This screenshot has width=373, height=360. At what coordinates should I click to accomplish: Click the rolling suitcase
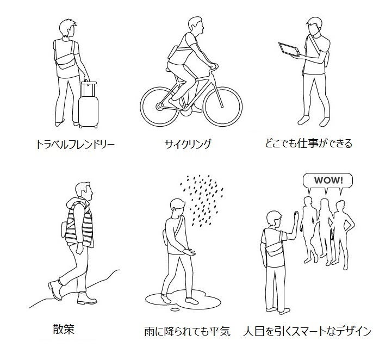coord(88,105)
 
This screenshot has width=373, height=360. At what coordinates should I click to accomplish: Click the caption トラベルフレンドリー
coord(75,144)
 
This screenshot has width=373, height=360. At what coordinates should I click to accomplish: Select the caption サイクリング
coord(188,144)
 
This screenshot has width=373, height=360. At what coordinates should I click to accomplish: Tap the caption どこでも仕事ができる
coord(308,143)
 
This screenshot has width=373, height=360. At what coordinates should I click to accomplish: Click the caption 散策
coord(64,330)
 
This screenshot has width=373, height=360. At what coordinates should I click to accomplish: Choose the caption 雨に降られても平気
coord(188,331)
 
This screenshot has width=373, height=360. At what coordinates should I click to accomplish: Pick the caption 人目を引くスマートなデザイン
coord(307,331)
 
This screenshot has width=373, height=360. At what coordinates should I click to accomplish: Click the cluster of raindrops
coord(202,200)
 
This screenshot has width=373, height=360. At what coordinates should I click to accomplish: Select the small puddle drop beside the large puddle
coord(175,309)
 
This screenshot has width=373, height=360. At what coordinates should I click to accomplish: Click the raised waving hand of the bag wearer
coord(296,218)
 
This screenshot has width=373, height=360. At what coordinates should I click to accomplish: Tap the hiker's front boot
coord(86,298)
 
